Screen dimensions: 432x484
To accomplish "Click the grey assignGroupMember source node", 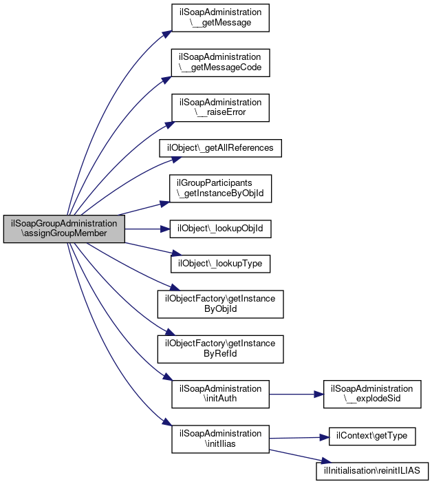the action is click(x=64, y=229).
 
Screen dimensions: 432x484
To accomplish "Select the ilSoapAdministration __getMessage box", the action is click(x=220, y=18).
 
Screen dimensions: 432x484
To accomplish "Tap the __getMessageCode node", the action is click(x=220, y=63).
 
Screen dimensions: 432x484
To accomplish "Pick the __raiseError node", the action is click(x=220, y=107).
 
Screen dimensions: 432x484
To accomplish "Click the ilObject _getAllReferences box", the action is click(x=220, y=148).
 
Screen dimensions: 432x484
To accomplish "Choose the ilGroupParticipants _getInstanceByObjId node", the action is click(x=220, y=189).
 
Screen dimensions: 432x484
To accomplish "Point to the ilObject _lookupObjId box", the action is click(x=220, y=229).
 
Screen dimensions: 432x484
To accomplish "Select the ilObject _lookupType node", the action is click(x=220, y=264).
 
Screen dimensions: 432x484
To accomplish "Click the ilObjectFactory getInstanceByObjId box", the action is click(x=220, y=304).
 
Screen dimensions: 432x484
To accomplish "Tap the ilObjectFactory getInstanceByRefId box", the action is click(x=220, y=349).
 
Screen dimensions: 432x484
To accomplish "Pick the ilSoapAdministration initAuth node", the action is click(x=220, y=394).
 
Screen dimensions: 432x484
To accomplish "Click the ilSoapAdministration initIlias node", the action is click(x=220, y=439).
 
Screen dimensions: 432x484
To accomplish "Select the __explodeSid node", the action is click(x=372, y=394).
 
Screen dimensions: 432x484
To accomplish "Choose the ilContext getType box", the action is click(x=372, y=436).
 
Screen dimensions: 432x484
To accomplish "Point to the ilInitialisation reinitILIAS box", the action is click(x=372, y=471).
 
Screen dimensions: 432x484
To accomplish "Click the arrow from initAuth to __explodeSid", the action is click(x=296, y=394).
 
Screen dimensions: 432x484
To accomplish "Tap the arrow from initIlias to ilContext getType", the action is click(x=299, y=438).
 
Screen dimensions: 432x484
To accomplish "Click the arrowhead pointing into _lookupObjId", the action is click(x=165, y=229).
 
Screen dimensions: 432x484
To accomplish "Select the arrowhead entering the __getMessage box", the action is click(x=167, y=34).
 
